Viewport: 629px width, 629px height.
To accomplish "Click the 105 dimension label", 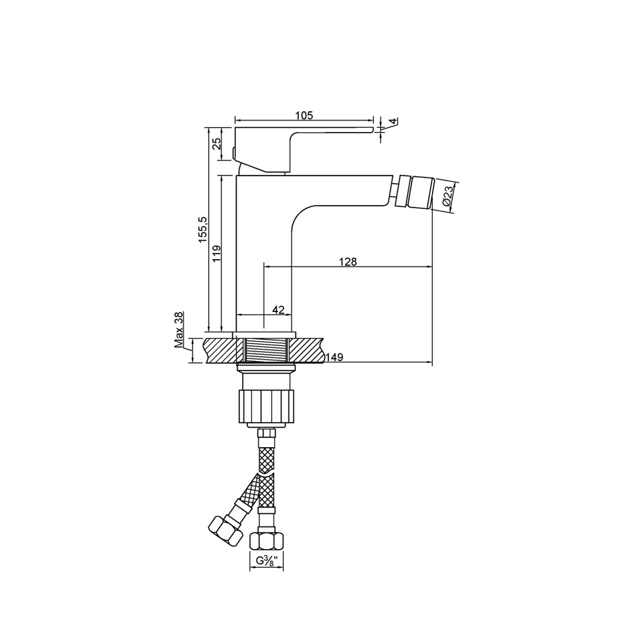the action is pyautogui.click(x=304, y=115).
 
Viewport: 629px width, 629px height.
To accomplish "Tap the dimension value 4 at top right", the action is pyautogui.click(x=394, y=121).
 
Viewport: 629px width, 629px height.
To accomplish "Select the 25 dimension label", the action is pyautogui.click(x=216, y=143).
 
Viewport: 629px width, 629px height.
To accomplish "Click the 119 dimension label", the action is pyautogui.click(x=216, y=253).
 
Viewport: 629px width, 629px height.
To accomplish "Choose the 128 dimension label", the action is pyautogui.click(x=347, y=262).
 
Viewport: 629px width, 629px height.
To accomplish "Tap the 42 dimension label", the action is pyautogui.click(x=279, y=309).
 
